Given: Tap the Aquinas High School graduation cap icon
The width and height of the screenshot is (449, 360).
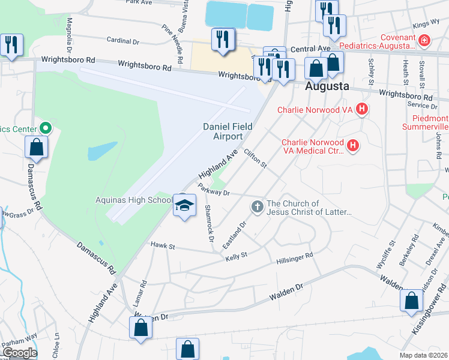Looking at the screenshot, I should coord(185,205).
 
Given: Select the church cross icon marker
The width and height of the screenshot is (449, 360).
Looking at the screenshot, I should coord(257,207).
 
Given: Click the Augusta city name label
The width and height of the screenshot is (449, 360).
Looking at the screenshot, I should coord(327,86).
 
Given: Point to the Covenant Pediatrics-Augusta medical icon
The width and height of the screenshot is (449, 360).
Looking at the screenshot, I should coord(424,41).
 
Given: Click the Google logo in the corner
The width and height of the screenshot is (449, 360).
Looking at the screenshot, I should coord(19,353).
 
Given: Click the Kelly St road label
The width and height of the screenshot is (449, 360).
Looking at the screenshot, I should coord(236,257).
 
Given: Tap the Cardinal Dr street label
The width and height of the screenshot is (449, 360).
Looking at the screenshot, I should coord(122,42).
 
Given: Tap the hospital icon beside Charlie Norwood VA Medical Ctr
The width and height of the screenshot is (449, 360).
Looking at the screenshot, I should coord(353,145).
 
